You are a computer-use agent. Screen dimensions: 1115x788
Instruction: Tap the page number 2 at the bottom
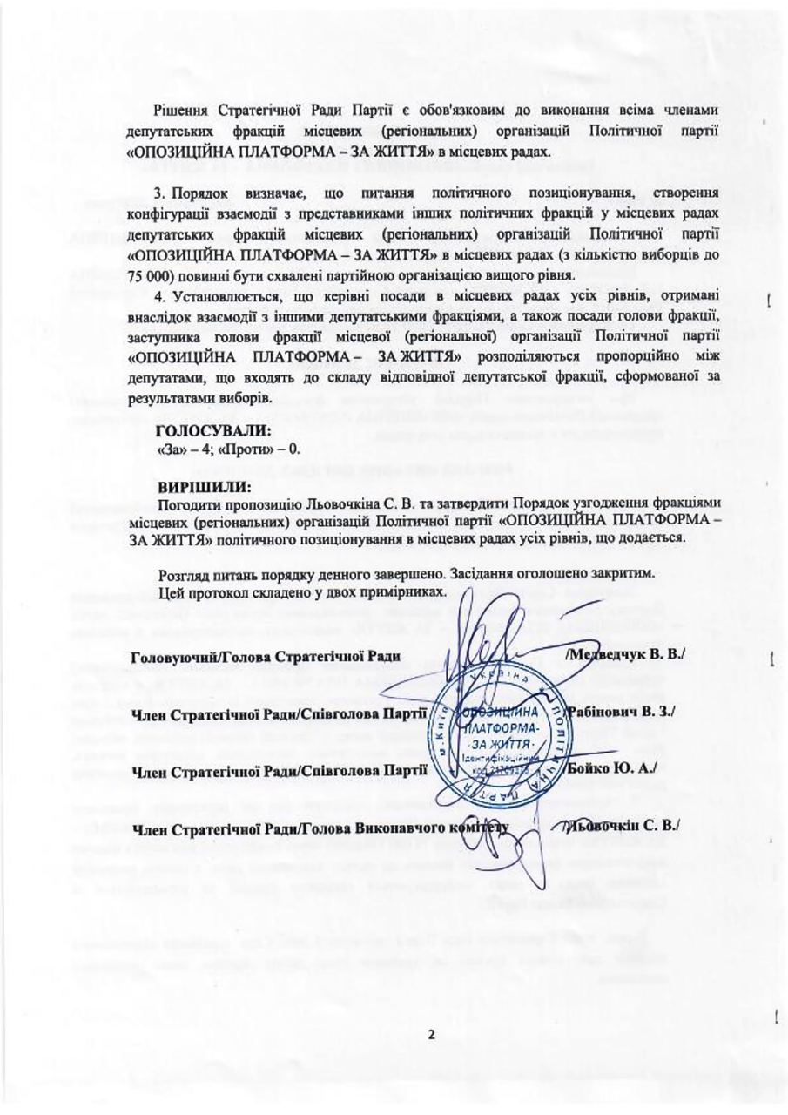coord(431,1036)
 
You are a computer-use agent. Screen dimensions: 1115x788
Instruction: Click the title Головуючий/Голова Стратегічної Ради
coord(266,655)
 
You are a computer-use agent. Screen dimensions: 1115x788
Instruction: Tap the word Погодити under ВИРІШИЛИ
coord(190,503)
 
